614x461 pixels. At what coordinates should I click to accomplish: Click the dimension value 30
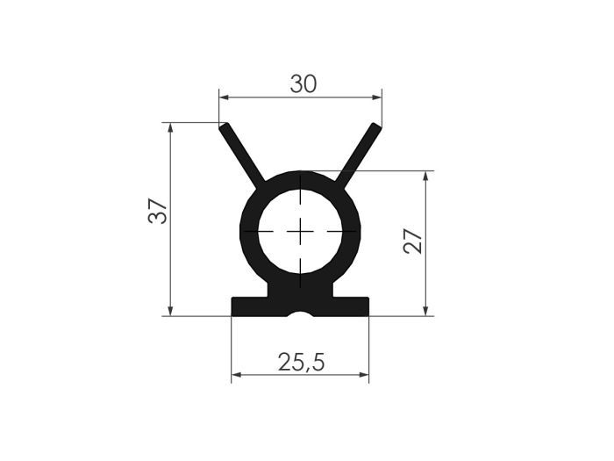coord(303,83)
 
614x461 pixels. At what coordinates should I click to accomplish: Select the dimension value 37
coord(158,211)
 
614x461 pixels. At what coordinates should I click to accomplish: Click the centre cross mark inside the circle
coord(300,231)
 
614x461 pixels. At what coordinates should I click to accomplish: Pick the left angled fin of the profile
coord(241,156)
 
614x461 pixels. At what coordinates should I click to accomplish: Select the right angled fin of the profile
coord(360,156)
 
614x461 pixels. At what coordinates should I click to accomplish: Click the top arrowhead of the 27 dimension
coord(426,176)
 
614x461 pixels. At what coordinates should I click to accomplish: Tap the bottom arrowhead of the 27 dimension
coord(426,310)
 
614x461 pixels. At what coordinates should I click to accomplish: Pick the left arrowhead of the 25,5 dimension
coord(236,375)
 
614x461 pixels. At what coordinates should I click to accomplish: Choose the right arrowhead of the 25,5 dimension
coord(364,375)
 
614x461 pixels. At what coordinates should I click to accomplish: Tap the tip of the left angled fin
coord(225,126)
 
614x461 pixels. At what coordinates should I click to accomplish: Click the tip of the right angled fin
coord(378,126)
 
